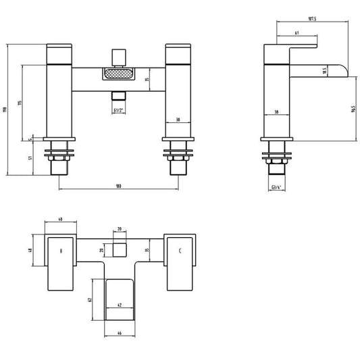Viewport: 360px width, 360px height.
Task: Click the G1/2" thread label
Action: [119, 110]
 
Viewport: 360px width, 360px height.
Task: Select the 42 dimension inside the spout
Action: [120, 305]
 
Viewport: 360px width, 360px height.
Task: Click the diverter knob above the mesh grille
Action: [119, 52]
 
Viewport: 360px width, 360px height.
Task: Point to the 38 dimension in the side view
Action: [276, 113]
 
